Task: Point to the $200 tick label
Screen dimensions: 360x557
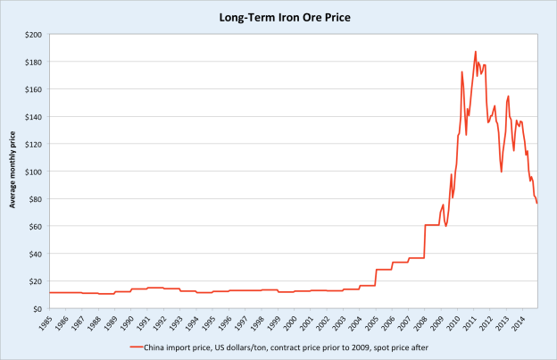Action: click(x=34, y=35)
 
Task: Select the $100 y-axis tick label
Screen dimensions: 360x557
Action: click(x=34, y=172)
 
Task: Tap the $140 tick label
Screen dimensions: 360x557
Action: click(x=34, y=117)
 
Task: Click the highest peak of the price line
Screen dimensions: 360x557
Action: click(x=476, y=52)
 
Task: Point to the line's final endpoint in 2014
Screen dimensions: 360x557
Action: click(x=536, y=204)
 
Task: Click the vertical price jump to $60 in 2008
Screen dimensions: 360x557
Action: click(x=424, y=241)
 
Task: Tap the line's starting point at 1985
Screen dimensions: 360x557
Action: click(x=50, y=292)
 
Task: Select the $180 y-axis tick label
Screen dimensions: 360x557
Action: click(x=34, y=63)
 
